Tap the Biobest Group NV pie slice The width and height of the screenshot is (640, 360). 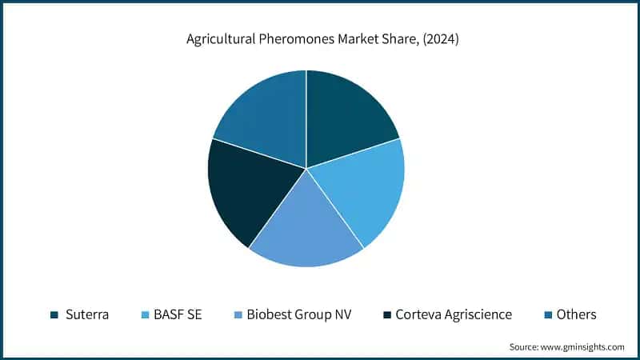click(x=307, y=228)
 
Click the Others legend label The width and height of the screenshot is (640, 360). click(x=576, y=314)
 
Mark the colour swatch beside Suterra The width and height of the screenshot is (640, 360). click(x=54, y=315)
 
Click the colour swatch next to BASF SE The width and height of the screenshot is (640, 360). click(x=144, y=315)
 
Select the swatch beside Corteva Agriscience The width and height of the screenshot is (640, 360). click(x=387, y=315)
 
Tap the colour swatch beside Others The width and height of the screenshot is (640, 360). click(x=547, y=315)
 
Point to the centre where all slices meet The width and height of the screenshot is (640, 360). click(x=306, y=168)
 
